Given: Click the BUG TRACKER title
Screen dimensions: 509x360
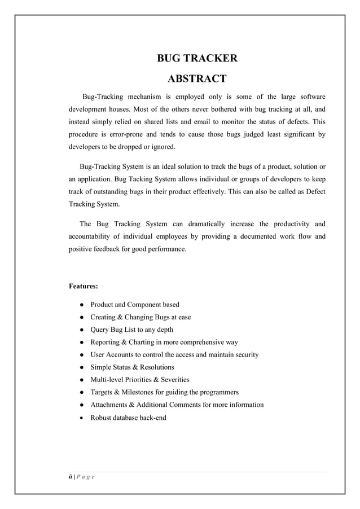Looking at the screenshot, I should [196, 58].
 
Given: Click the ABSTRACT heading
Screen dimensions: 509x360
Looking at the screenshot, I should [196, 78].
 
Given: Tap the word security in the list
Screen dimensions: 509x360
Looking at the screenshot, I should [244, 354].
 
